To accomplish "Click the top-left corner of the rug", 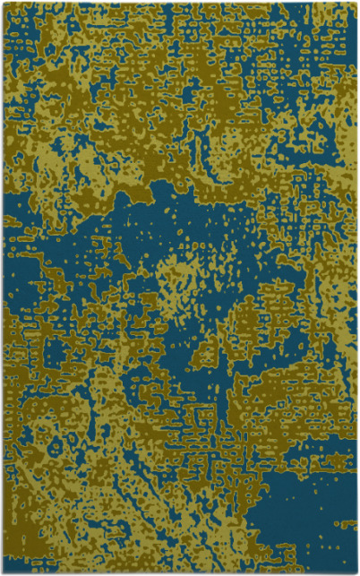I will pos(3,3).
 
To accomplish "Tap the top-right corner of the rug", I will pos(356,3).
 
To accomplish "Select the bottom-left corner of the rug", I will pos(3,572).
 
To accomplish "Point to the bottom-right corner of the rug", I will pos(356,572).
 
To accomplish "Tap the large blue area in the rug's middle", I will pos(134,260).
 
